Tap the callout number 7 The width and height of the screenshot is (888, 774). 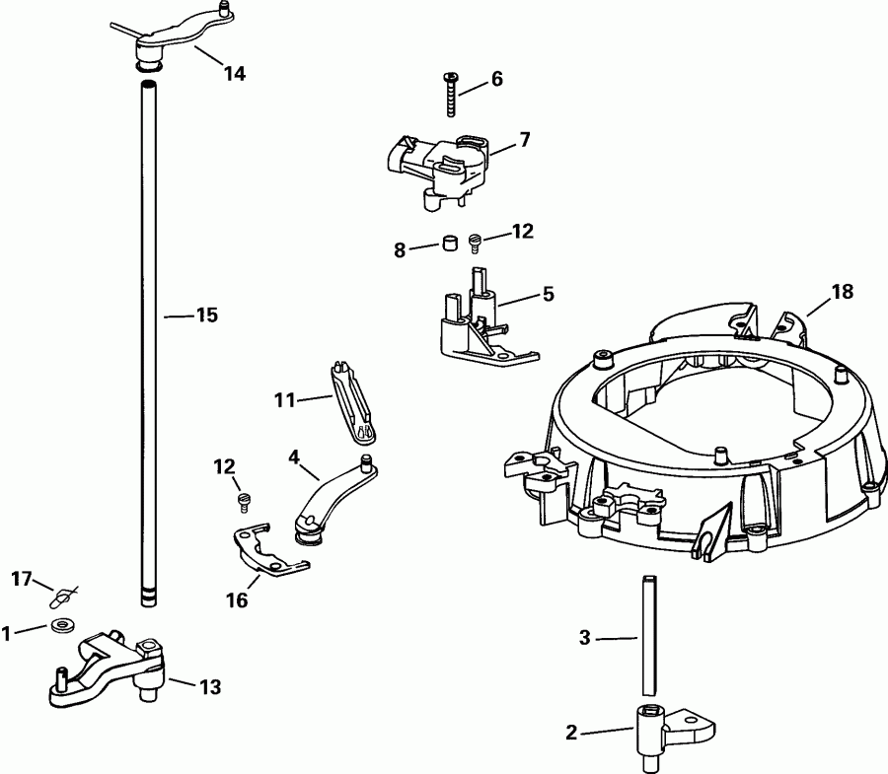coord(525,140)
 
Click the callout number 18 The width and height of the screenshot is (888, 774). coord(842,292)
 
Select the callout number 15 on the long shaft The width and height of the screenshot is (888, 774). coord(206,316)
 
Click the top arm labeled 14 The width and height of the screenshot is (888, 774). coord(178,35)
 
